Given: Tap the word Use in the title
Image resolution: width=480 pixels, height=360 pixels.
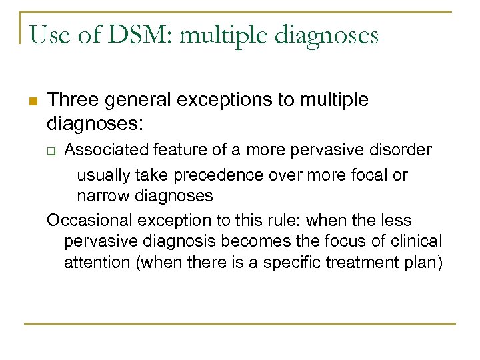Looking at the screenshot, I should (47, 34).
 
